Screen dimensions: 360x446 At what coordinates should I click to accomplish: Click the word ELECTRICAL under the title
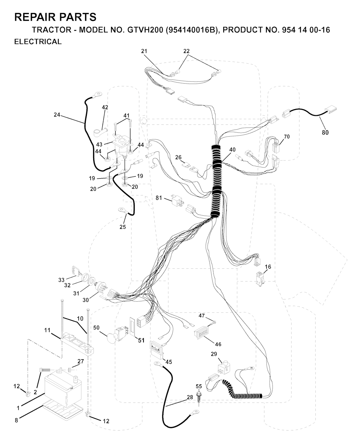tap(38, 42)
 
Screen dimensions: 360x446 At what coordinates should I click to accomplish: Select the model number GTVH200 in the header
tap(145, 30)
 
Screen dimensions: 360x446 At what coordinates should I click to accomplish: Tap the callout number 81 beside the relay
tap(159, 198)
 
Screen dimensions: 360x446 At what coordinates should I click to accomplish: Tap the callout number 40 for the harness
tap(233, 150)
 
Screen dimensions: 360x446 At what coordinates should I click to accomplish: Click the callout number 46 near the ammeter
tap(218, 344)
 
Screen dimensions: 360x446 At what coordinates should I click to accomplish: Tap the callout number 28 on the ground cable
tap(190, 397)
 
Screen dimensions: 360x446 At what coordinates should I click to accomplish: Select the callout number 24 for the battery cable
tap(57, 114)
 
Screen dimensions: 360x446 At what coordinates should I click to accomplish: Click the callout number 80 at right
tap(325, 132)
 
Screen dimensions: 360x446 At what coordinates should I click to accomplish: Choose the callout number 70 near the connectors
tap(287, 137)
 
